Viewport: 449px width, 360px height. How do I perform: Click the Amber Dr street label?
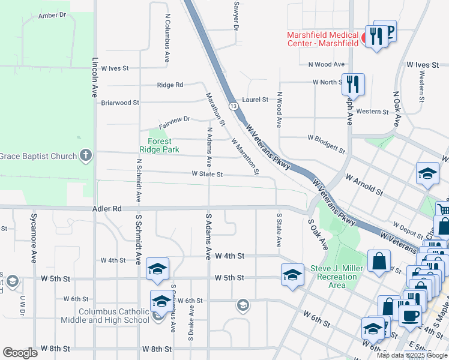[x=51, y=15]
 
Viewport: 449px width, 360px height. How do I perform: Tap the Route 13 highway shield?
[x=233, y=105]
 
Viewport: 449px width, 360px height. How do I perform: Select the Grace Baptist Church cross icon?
[x=86, y=156]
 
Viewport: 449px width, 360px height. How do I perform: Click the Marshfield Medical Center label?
[x=322, y=39]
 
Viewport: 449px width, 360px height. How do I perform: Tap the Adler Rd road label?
[x=107, y=209]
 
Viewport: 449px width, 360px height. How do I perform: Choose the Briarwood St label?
[x=120, y=103]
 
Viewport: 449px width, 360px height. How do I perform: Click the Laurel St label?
[x=255, y=100]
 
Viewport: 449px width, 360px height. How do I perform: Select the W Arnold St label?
[x=364, y=185]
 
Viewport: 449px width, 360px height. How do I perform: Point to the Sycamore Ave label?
[x=33, y=245]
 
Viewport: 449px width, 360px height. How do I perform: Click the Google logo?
[x=20, y=353]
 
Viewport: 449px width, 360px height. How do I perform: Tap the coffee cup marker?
[x=410, y=316]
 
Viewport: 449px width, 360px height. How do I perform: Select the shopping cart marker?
[x=444, y=210]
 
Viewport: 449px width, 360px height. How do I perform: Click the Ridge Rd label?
[x=170, y=85]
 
